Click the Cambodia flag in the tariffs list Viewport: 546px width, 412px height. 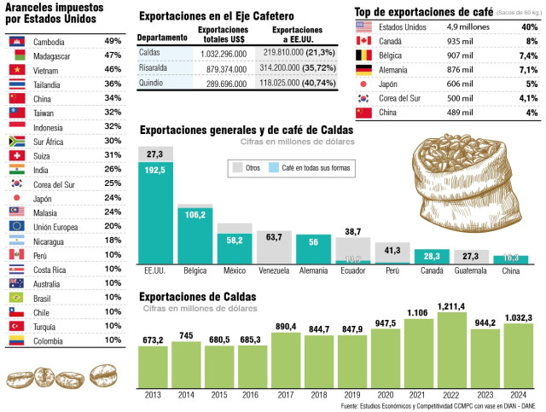[15, 41]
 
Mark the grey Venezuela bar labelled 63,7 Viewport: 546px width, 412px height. [274, 247]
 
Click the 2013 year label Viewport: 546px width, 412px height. [154, 396]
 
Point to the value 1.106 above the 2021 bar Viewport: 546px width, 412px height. [419, 313]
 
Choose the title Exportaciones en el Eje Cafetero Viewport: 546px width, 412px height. [216, 15]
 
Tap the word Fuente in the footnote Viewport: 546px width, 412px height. [351, 407]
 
